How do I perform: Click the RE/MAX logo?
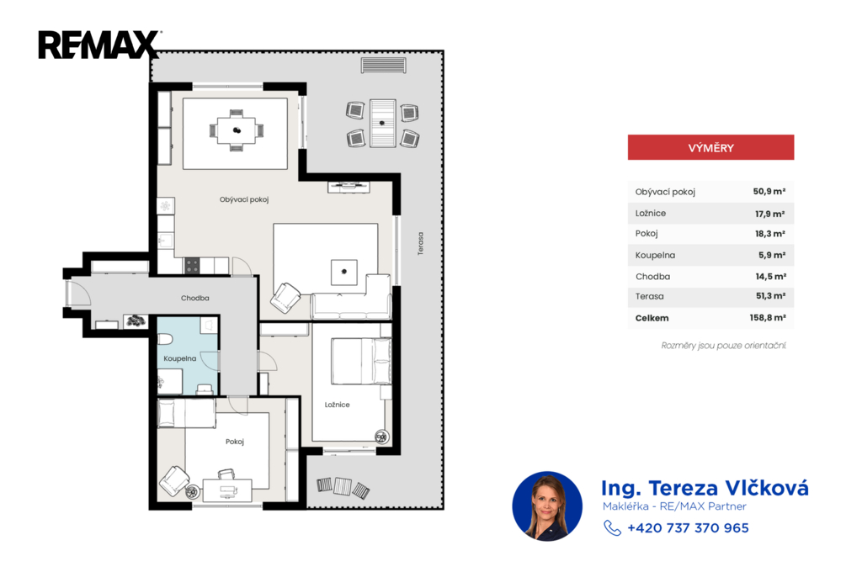(x=99, y=45)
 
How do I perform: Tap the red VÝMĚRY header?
(x=710, y=147)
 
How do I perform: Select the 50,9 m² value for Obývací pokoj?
(x=769, y=191)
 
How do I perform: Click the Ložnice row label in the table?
(x=651, y=213)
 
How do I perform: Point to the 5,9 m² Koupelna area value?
(x=772, y=255)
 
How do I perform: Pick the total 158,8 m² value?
(x=768, y=318)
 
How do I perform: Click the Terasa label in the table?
(x=649, y=296)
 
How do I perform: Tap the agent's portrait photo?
(x=547, y=506)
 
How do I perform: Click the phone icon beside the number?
(x=612, y=527)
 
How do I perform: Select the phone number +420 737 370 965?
(x=688, y=528)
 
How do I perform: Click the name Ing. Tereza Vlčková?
(x=705, y=488)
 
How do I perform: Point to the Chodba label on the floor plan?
(x=195, y=298)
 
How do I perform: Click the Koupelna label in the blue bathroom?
(x=180, y=358)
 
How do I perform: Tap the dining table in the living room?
(x=237, y=130)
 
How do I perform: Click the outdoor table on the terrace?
(x=382, y=123)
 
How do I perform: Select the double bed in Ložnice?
(x=360, y=361)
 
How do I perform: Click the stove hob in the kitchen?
(x=192, y=266)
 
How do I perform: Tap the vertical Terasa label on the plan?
(x=421, y=243)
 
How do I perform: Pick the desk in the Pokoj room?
(x=227, y=490)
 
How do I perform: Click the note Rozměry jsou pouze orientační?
(x=723, y=346)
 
